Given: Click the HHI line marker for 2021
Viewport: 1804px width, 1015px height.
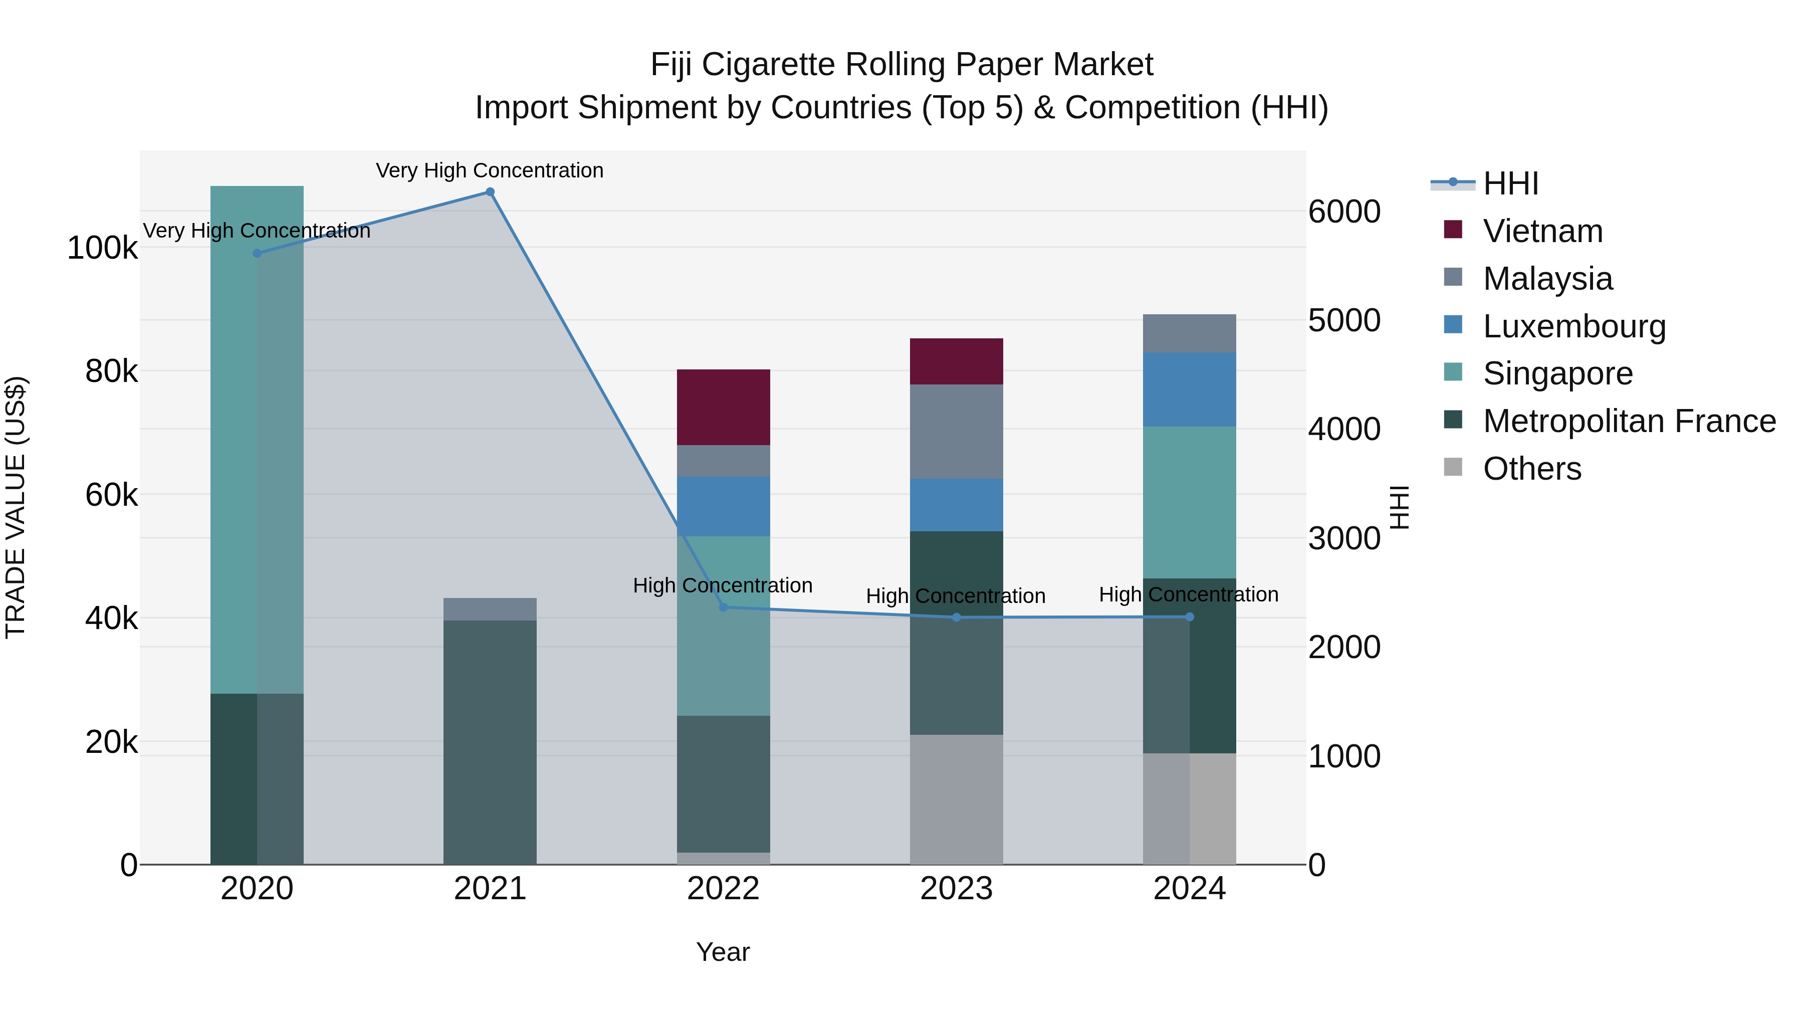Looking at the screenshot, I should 490,192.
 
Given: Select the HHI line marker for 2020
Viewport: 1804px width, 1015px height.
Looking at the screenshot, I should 257,253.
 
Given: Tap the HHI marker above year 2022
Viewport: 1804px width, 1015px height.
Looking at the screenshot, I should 724,607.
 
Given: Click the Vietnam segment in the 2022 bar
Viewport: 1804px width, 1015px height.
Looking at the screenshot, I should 724,407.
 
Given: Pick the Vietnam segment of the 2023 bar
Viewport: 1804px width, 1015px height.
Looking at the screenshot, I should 956,361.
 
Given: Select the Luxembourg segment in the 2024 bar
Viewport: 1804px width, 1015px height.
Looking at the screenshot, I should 1189,389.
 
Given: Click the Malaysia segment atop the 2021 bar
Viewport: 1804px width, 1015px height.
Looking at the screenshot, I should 490,608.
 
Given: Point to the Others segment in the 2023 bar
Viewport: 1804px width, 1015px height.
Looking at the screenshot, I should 956,799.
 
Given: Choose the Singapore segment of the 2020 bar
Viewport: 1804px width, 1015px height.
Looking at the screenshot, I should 257,440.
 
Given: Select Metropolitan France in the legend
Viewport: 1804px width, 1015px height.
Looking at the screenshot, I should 1629,421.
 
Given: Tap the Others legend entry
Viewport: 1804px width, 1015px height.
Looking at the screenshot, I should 1531,469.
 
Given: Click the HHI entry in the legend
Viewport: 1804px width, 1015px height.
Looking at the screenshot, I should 1510,183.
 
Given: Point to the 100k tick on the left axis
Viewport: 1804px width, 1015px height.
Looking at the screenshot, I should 102,248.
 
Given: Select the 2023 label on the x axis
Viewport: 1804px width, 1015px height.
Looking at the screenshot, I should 956,889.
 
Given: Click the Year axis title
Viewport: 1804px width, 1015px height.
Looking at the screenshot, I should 723,952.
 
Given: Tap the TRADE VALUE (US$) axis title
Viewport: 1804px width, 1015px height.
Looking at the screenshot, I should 16,507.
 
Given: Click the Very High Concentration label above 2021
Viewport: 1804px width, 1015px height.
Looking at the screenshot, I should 490,170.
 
